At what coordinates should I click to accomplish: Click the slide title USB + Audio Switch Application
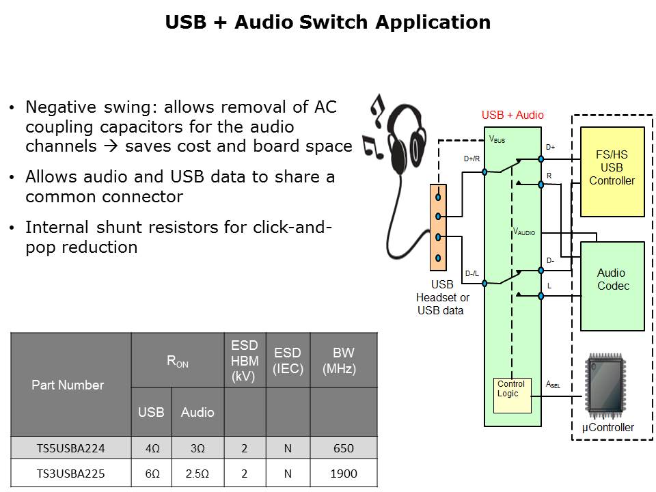(x=328, y=23)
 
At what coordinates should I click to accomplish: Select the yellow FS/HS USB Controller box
(x=612, y=171)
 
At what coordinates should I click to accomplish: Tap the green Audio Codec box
(x=612, y=285)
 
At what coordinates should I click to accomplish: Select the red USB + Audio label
(x=512, y=115)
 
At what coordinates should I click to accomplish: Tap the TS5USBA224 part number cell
(x=71, y=448)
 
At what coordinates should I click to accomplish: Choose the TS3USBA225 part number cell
(x=71, y=473)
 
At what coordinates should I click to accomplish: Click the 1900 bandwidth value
(x=344, y=473)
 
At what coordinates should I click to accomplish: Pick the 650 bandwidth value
(x=344, y=448)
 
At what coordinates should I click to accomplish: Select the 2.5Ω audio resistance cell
(x=197, y=473)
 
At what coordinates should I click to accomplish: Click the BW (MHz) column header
(x=344, y=360)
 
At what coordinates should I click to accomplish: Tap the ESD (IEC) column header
(x=288, y=361)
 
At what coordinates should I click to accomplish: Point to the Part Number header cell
(x=68, y=385)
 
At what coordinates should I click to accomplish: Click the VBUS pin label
(x=497, y=139)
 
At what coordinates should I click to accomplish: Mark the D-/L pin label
(x=471, y=274)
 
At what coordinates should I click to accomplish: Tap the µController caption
(x=607, y=428)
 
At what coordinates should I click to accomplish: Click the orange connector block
(x=437, y=227)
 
